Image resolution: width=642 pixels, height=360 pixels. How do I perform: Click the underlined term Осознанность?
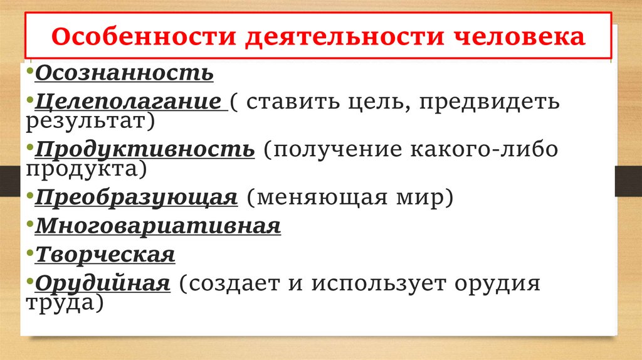point(124,73)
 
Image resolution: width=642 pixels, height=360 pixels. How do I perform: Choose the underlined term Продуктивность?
point(145,150)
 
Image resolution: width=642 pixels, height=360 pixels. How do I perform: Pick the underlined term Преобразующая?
point(136,198)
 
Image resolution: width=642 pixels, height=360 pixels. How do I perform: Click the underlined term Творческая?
point(105,255)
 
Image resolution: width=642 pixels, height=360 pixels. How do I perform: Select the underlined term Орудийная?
point(103,283)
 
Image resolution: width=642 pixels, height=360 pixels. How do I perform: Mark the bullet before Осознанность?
point(31,70)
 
